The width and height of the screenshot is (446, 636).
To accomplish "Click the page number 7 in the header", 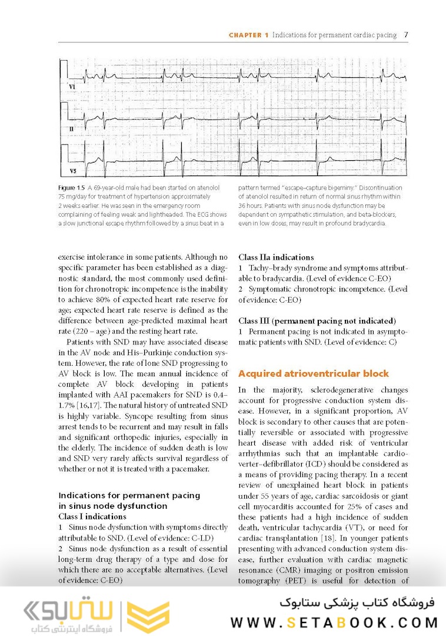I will (x=406, y=35).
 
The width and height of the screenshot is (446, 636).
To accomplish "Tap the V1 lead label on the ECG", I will (x=72, y=87).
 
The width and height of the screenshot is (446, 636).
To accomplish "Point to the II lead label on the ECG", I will (x=71, y=128).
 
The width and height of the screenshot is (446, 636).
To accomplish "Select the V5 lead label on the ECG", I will (x=73, y=171).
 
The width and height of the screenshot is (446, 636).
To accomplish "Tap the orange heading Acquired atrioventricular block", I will (x=314, y=373).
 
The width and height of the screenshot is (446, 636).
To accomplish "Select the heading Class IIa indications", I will (x=276, y=257).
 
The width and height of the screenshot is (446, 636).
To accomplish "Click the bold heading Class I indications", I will (x=92, y=516).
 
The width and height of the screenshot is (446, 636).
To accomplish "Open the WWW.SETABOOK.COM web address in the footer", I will (x=334, y=622).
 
